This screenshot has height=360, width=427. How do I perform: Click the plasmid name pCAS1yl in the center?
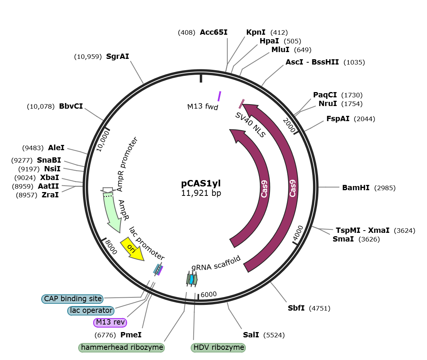[x=201, y=184]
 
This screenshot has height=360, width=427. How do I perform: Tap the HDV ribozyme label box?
[x=218, y=348]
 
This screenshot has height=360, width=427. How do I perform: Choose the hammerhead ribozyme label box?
[x=122, y=348]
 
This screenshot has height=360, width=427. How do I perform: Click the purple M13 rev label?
[x=110, y=322]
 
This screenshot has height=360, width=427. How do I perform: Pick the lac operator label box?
[x=91, y=311]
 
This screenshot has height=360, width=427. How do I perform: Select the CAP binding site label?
[x=72, y=299]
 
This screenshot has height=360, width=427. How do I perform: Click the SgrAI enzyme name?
[x=117, y=56]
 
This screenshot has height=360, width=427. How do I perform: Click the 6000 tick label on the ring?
[x=209, y=294]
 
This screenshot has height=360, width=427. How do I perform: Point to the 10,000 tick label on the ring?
[x=103, y=141]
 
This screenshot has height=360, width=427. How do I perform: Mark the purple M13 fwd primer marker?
[x=219, y=96]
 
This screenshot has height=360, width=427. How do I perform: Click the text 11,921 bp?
[x=201, y=193]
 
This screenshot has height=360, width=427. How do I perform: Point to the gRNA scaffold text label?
[x=216, y=263]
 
